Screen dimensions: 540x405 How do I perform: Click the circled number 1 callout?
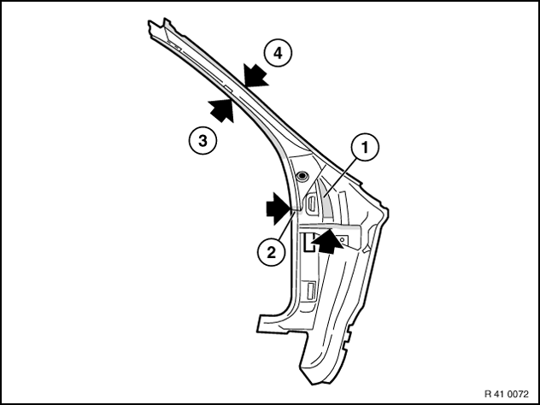click(365, 148)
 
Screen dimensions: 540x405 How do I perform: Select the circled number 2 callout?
click(272, 252)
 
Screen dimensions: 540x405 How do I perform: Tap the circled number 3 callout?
click(202, 140)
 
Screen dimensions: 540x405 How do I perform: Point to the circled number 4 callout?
click(278, 53)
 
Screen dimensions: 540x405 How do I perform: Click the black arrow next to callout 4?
click(255, 76)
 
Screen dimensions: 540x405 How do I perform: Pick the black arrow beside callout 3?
click(222, 110)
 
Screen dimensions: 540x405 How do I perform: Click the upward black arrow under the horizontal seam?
click(327, 242)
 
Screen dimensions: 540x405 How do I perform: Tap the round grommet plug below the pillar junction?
click(302, 176)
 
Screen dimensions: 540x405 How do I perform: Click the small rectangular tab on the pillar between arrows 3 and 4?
click(227, 89)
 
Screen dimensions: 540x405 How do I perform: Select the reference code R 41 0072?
click(506, 394)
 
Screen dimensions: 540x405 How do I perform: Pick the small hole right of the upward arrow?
click(343, 238)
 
